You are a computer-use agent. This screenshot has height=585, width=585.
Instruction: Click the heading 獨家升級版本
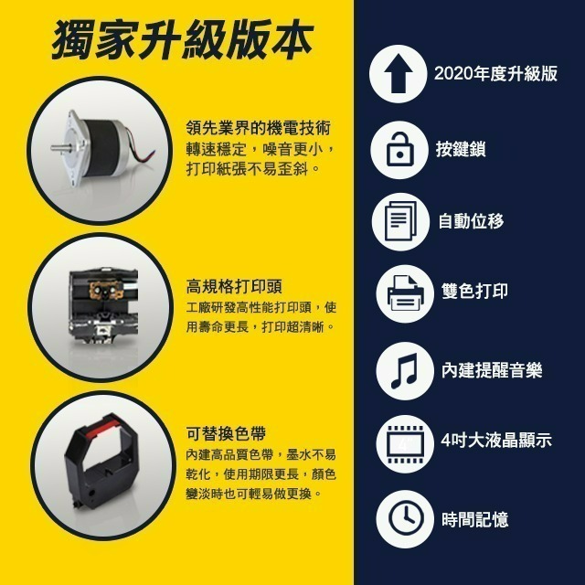click(x=182, y=41)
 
